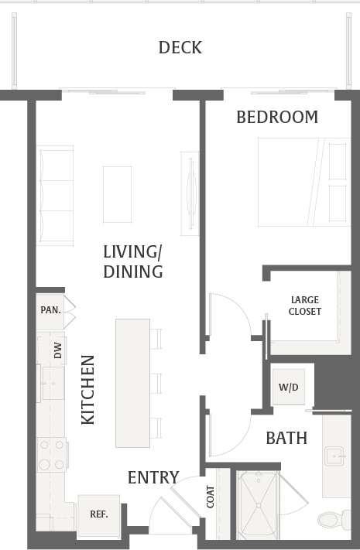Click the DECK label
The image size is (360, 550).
coord(180,48)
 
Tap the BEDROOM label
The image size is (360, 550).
coord(276,118)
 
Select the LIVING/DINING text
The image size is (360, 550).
coord(133,261)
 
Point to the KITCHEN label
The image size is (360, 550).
coord(88,389)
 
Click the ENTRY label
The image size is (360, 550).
coord(153,477)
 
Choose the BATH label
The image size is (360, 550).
coord(286,439)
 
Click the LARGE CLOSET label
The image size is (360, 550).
coord(304,306)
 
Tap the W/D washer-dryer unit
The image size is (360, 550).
coord(287,387)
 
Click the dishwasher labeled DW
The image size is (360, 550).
coord(57,351)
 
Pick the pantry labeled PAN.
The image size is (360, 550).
coord(50,309)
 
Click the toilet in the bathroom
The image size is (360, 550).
coord(332,520)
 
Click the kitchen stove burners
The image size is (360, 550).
coord(53,455)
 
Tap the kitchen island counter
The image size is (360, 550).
coord(132,382)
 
